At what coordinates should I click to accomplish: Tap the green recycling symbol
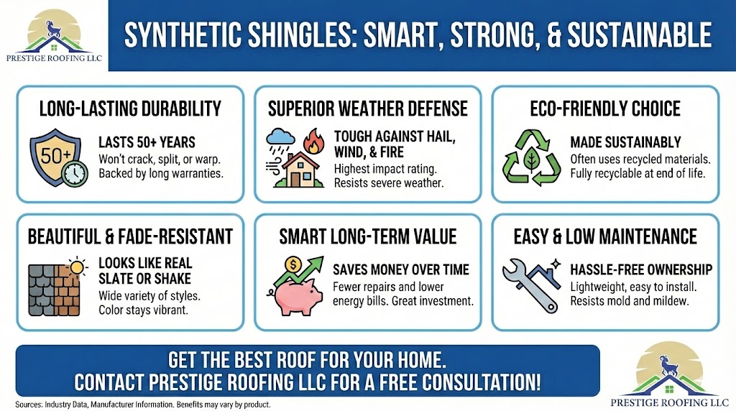[531, 158]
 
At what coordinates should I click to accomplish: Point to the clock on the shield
[75, 174]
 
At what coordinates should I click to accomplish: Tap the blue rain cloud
[280, 137]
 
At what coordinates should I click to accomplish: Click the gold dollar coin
[293, 265]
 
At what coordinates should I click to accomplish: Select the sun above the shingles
[76, 268]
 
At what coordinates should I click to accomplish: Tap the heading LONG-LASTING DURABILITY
[130, 108]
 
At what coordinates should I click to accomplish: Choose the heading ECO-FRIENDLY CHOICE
[605, 108]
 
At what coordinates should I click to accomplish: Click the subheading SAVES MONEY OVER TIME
[401, 269]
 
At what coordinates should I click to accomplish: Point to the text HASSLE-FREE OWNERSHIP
[641, 269]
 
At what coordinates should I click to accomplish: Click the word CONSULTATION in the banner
[481, 382]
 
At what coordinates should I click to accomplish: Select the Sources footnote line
[143, 405]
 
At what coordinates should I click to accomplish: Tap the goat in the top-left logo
[51, 29]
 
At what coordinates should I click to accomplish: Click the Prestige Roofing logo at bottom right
[668, 374]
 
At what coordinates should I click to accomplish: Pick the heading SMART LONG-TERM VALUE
[367, 237]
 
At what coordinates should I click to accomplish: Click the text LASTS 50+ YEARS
[147, 142]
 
